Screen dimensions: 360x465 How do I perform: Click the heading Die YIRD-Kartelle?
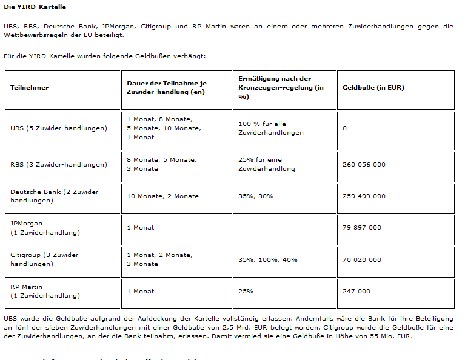[35, 7]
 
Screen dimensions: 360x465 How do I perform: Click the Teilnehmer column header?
[29, 87]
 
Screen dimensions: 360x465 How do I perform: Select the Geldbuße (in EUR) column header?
[373, 87]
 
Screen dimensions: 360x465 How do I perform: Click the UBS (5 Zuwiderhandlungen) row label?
[59, 128]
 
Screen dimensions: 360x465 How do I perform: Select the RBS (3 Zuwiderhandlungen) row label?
[59, 164]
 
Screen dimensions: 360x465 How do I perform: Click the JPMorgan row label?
[45, 227]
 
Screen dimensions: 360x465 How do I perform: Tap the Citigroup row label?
[45, 259]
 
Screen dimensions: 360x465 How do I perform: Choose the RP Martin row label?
[45, 291]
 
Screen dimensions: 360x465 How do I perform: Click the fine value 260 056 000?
[364, 164]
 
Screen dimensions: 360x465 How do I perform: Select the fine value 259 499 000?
[364, 196]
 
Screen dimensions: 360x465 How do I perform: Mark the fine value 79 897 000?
[362, 227]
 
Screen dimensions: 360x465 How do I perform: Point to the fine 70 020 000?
[362, 259]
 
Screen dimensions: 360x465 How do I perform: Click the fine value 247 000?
[356, 291]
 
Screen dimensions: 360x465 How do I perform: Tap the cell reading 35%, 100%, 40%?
[268, 259]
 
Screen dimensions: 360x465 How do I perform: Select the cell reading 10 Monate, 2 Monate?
[162, 196]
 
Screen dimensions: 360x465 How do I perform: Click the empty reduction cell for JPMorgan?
[284, 227]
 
